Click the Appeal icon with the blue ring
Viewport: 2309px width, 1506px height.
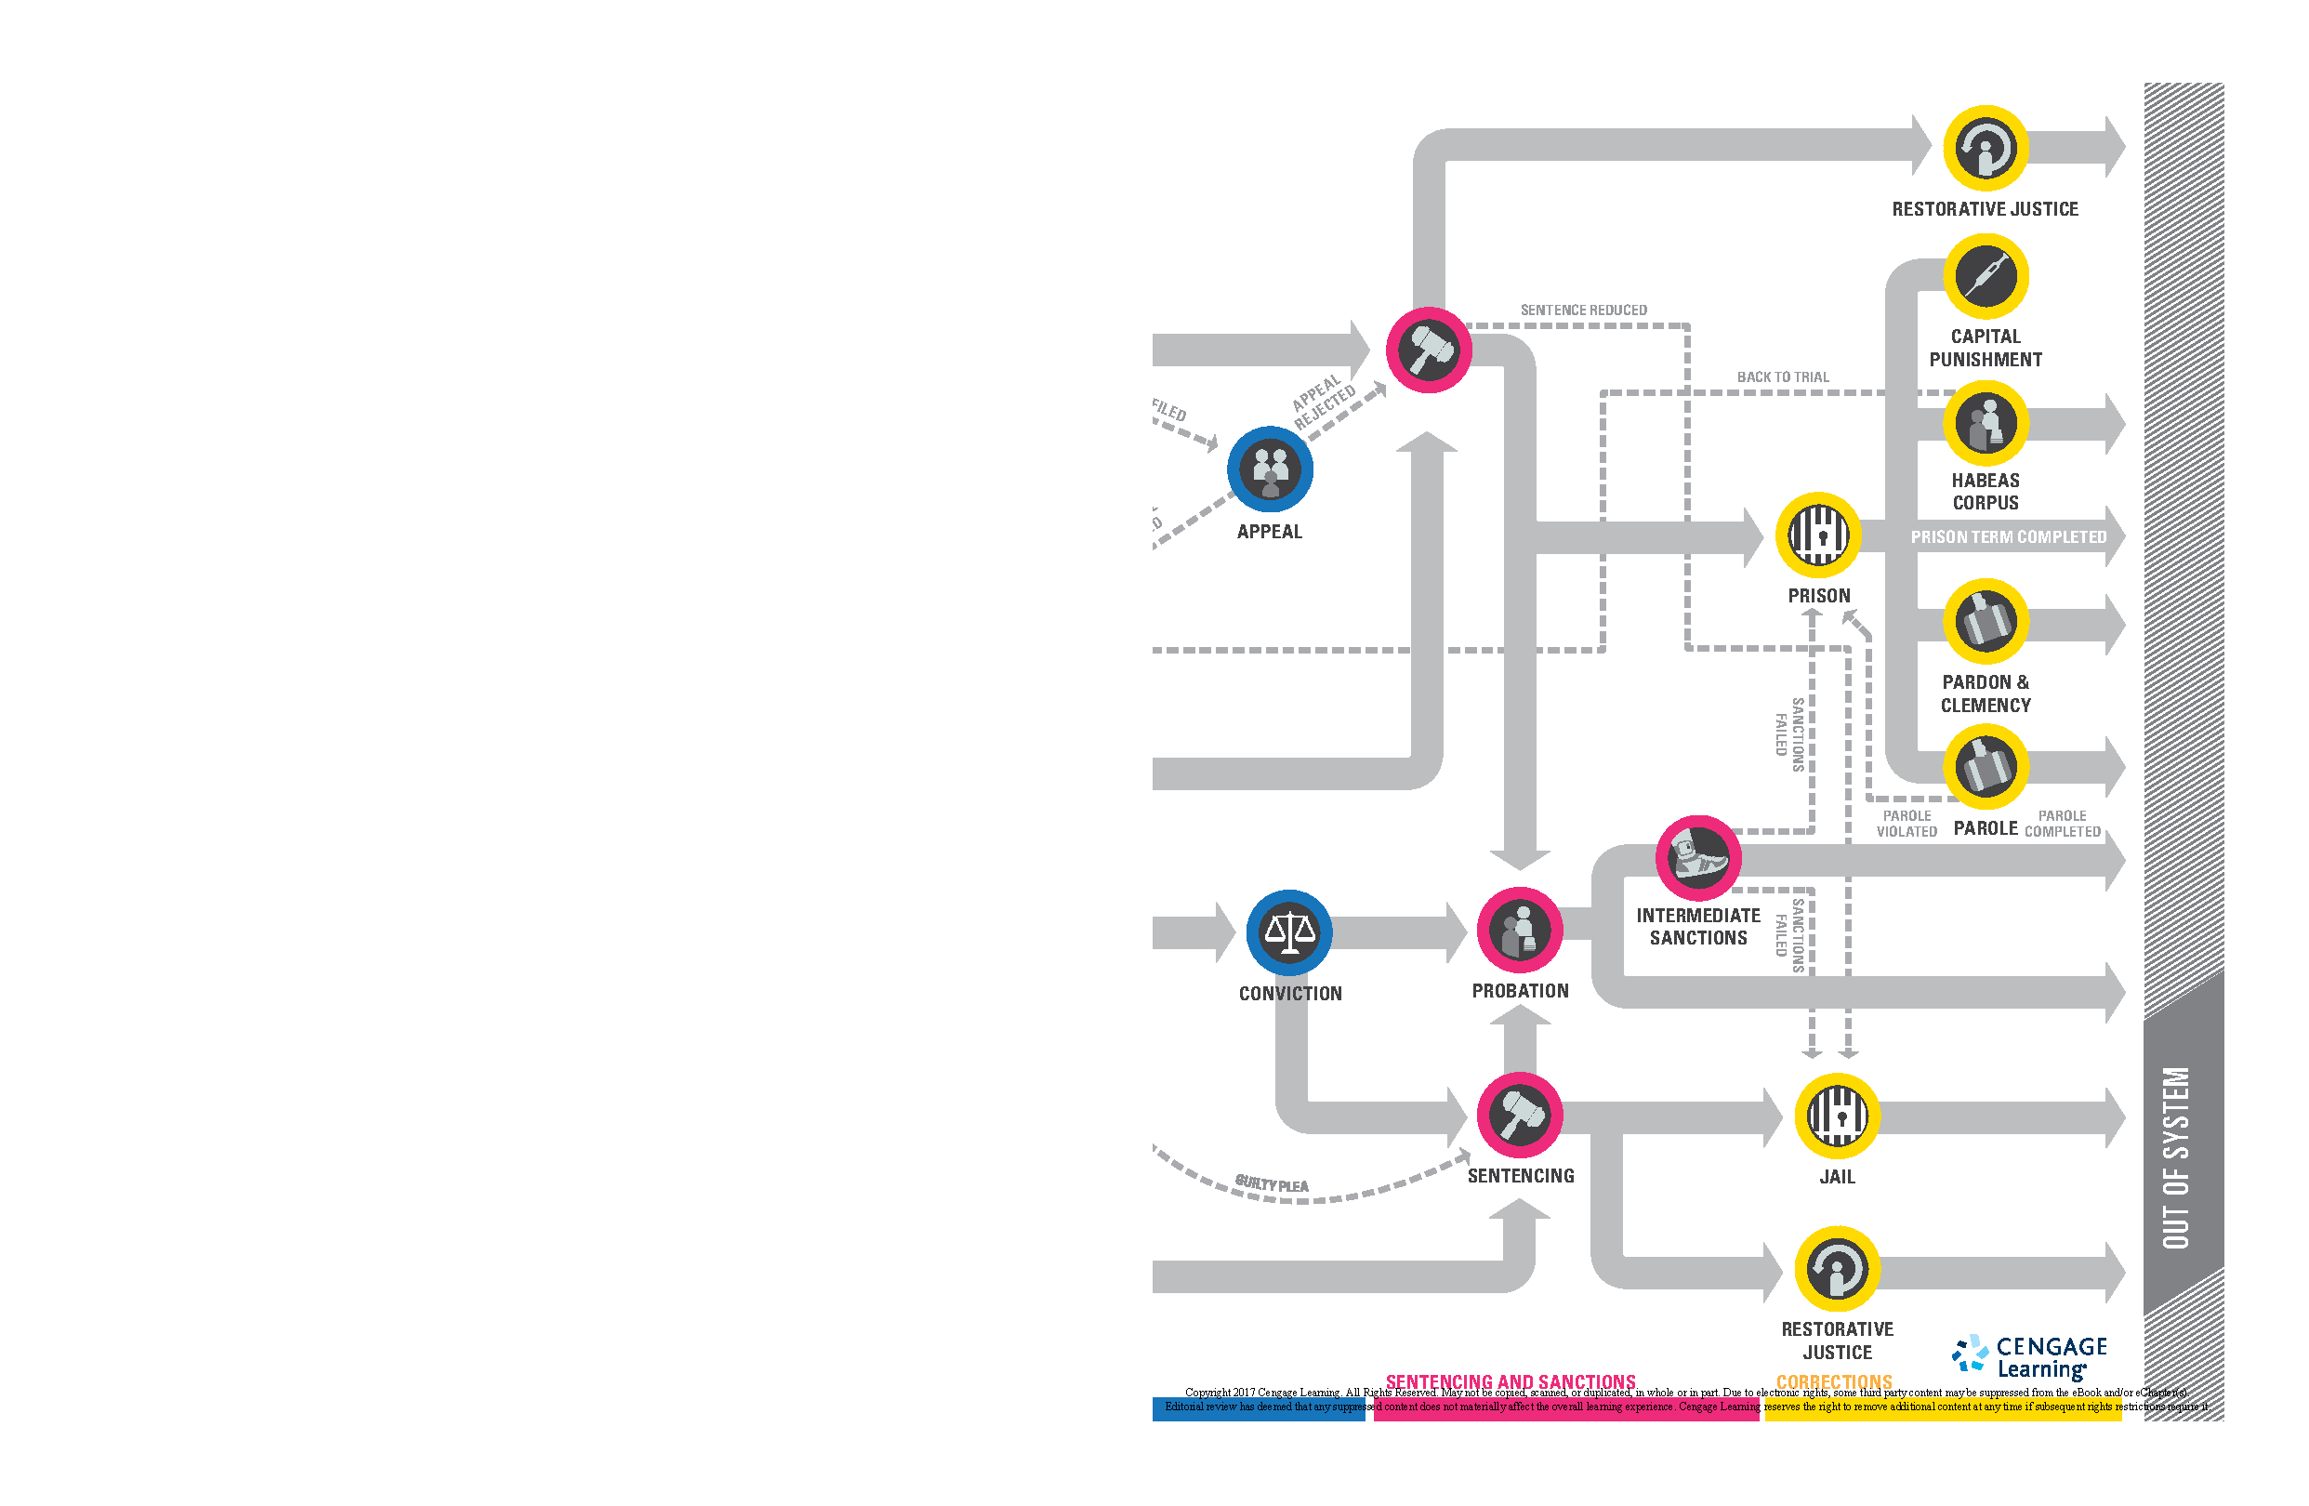(x=1269, y=469)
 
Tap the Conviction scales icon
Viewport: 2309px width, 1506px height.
(x=1288, y=931)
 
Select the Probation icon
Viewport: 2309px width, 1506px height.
(x=1519, y=929)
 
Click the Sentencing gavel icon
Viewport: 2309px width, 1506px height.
(x=1519, y=1115)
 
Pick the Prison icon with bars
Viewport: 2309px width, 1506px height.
(x=1817, y=535)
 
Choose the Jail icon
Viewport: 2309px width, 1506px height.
(x=1837, y=1115)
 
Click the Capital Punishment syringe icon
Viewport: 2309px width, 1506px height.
(x=1985, y=276)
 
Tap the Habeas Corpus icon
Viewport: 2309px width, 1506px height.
(x=1985, y=423)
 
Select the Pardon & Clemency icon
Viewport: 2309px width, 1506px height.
(x=1985, y=621)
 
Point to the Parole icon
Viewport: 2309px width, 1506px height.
(x=1985, y=767)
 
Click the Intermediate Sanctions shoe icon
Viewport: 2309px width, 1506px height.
(x=1697, y=858)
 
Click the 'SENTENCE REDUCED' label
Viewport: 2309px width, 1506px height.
(x=1583, y=310)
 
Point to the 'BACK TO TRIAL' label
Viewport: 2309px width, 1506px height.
(x=1782, y=376)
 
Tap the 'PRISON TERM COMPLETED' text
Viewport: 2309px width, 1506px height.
(x=2008, y=536)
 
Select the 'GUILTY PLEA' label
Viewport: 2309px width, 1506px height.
(x=1271, y=1183)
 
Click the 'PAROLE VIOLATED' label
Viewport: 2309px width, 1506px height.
(x=1907, y=824)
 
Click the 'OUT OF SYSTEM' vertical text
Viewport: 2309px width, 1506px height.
(x=2176, y=1156)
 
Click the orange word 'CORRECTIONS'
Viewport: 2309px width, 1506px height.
(x=1834, y=1380)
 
